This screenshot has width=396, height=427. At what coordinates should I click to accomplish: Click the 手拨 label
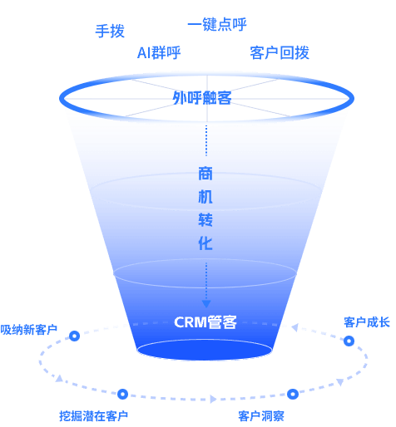tap(110, 31)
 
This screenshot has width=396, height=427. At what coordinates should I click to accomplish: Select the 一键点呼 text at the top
tap(216, 25)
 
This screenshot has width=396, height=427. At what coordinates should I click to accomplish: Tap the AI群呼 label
tap(159, 53)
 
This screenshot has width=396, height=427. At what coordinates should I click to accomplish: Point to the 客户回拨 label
tap(280, 53)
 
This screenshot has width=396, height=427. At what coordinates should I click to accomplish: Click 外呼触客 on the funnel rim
tap(202, 98)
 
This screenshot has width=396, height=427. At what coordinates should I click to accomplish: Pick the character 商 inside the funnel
tap(205, 174)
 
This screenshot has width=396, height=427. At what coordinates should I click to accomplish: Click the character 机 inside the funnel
tap(205, 197)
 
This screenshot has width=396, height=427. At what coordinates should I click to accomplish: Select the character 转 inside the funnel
tap(205, 220)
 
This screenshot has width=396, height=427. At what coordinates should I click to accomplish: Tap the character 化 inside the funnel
tap(205, 243)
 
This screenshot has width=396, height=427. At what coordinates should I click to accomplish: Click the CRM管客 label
tap(205, 322)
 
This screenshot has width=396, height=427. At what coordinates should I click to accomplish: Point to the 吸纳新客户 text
tap(29, 330)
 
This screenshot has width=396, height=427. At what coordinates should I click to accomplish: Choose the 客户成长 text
tap(367, 322)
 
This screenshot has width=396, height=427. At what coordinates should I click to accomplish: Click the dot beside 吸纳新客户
tap(74, 336)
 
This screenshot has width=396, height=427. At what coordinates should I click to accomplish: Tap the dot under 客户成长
tap(349, 341)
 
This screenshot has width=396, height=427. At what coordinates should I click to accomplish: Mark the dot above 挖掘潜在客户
tap(122, 394)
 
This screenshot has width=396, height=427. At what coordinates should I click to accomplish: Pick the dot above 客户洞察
tap(293, 394)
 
